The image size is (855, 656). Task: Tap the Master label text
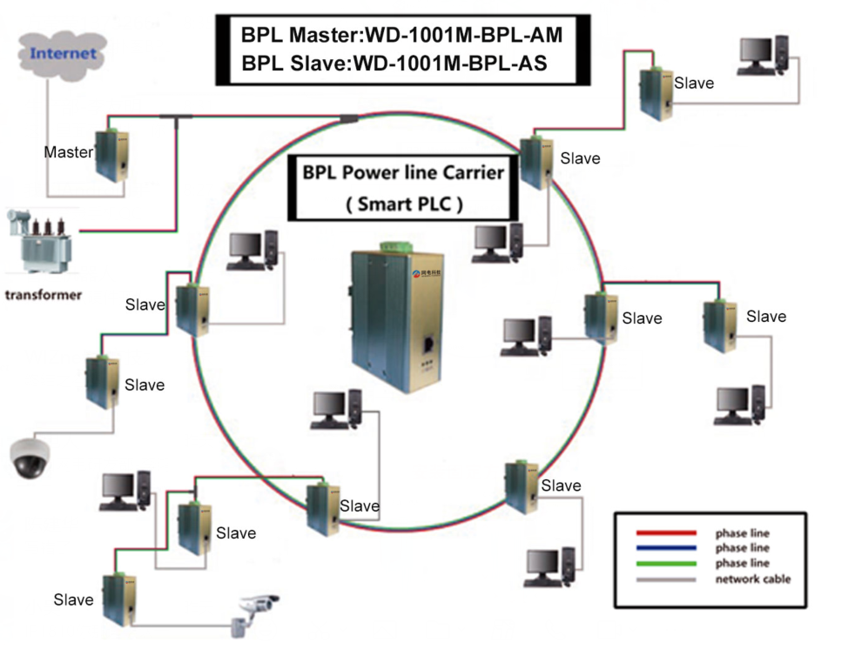[68, 152]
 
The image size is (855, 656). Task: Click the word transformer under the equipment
[44, 295]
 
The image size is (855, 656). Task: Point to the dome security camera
[30, 458]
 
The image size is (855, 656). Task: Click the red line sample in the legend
[666, 532]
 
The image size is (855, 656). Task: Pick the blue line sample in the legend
[666, 548]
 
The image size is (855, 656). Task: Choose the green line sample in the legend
[666, 564]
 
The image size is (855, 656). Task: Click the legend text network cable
[753, 579]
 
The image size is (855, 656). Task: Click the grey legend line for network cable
[666, 579]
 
